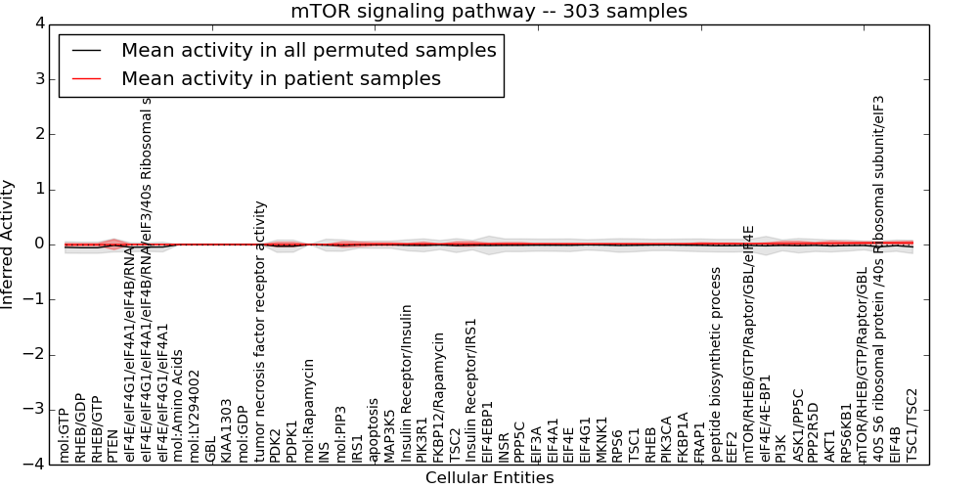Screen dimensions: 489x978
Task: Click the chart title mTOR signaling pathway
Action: click(488, 11)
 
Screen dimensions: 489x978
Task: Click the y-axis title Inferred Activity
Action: click(9, 244)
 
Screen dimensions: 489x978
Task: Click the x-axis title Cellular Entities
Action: click(489, 478)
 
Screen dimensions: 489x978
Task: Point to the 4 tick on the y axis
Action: click(43, 23)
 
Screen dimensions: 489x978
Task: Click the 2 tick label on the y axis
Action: click(43, 134)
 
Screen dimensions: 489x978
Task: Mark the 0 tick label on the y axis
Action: click(43, 244)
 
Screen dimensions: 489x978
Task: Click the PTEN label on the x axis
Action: click(112, 445)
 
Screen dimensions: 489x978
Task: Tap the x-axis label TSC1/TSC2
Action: click(912, 425)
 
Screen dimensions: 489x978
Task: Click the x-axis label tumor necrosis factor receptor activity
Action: click(260, 332)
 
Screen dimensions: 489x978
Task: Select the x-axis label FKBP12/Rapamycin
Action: click(439, 397)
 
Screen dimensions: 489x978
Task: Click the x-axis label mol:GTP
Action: click(65, 435)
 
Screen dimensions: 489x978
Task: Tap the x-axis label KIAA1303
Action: click(227, 430)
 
